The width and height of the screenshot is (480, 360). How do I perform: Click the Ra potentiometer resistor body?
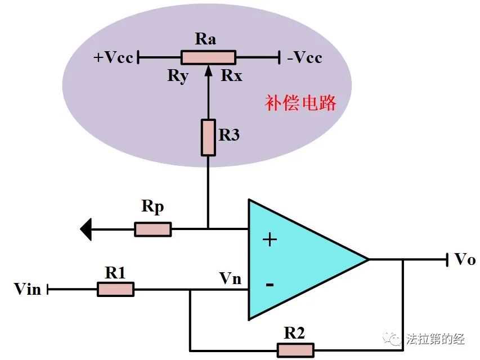click(x=208, y=57)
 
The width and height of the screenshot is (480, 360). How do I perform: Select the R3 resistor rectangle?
click(x=208, y=137)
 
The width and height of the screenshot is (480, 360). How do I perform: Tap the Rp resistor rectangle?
click(x=152, y=229)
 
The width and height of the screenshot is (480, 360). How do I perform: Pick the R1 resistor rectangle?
click(x=115, y=290)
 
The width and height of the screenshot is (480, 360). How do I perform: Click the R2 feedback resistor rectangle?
click(x=295, y=349)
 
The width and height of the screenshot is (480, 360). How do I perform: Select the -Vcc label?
click(x=303, y=57)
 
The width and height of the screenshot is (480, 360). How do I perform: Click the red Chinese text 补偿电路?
click(x=300, y=103)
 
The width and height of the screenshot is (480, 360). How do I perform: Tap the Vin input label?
click(x=28, y=290)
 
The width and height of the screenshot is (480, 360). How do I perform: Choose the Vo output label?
click(x=465, y=260)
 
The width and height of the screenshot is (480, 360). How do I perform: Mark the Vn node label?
click(x=231, y=278)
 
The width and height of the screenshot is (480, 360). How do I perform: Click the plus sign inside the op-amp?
click(x=270, y=240)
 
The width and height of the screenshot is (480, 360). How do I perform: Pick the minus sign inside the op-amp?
click(x=270, y=285)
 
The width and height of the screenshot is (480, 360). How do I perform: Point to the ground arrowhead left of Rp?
click(x=86, y=229)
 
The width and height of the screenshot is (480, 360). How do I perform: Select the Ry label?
click(x=177, y=76)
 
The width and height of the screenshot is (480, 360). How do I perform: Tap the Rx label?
click(x=231, y=76)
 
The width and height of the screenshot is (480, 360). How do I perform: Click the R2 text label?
click(x=294, y=333)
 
